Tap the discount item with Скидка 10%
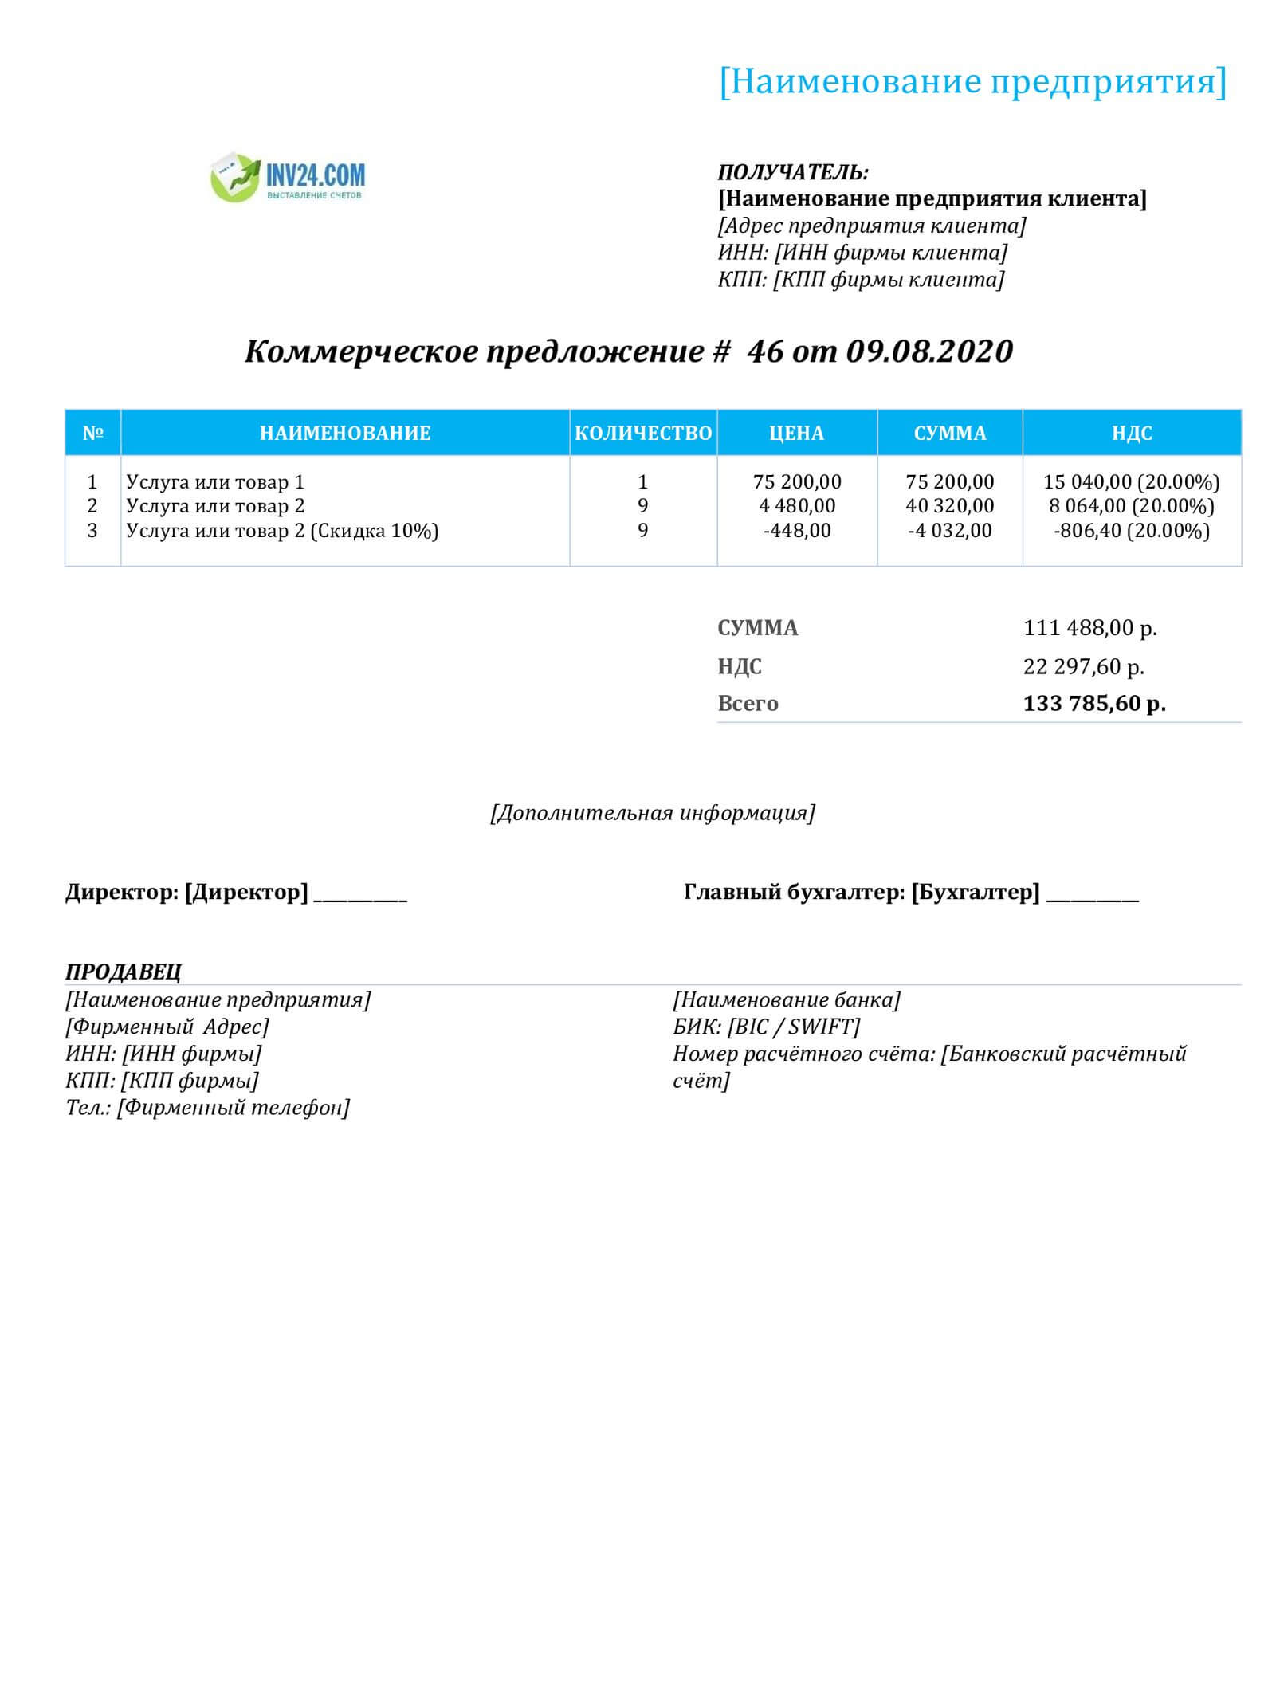click(x=282, y=531)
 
